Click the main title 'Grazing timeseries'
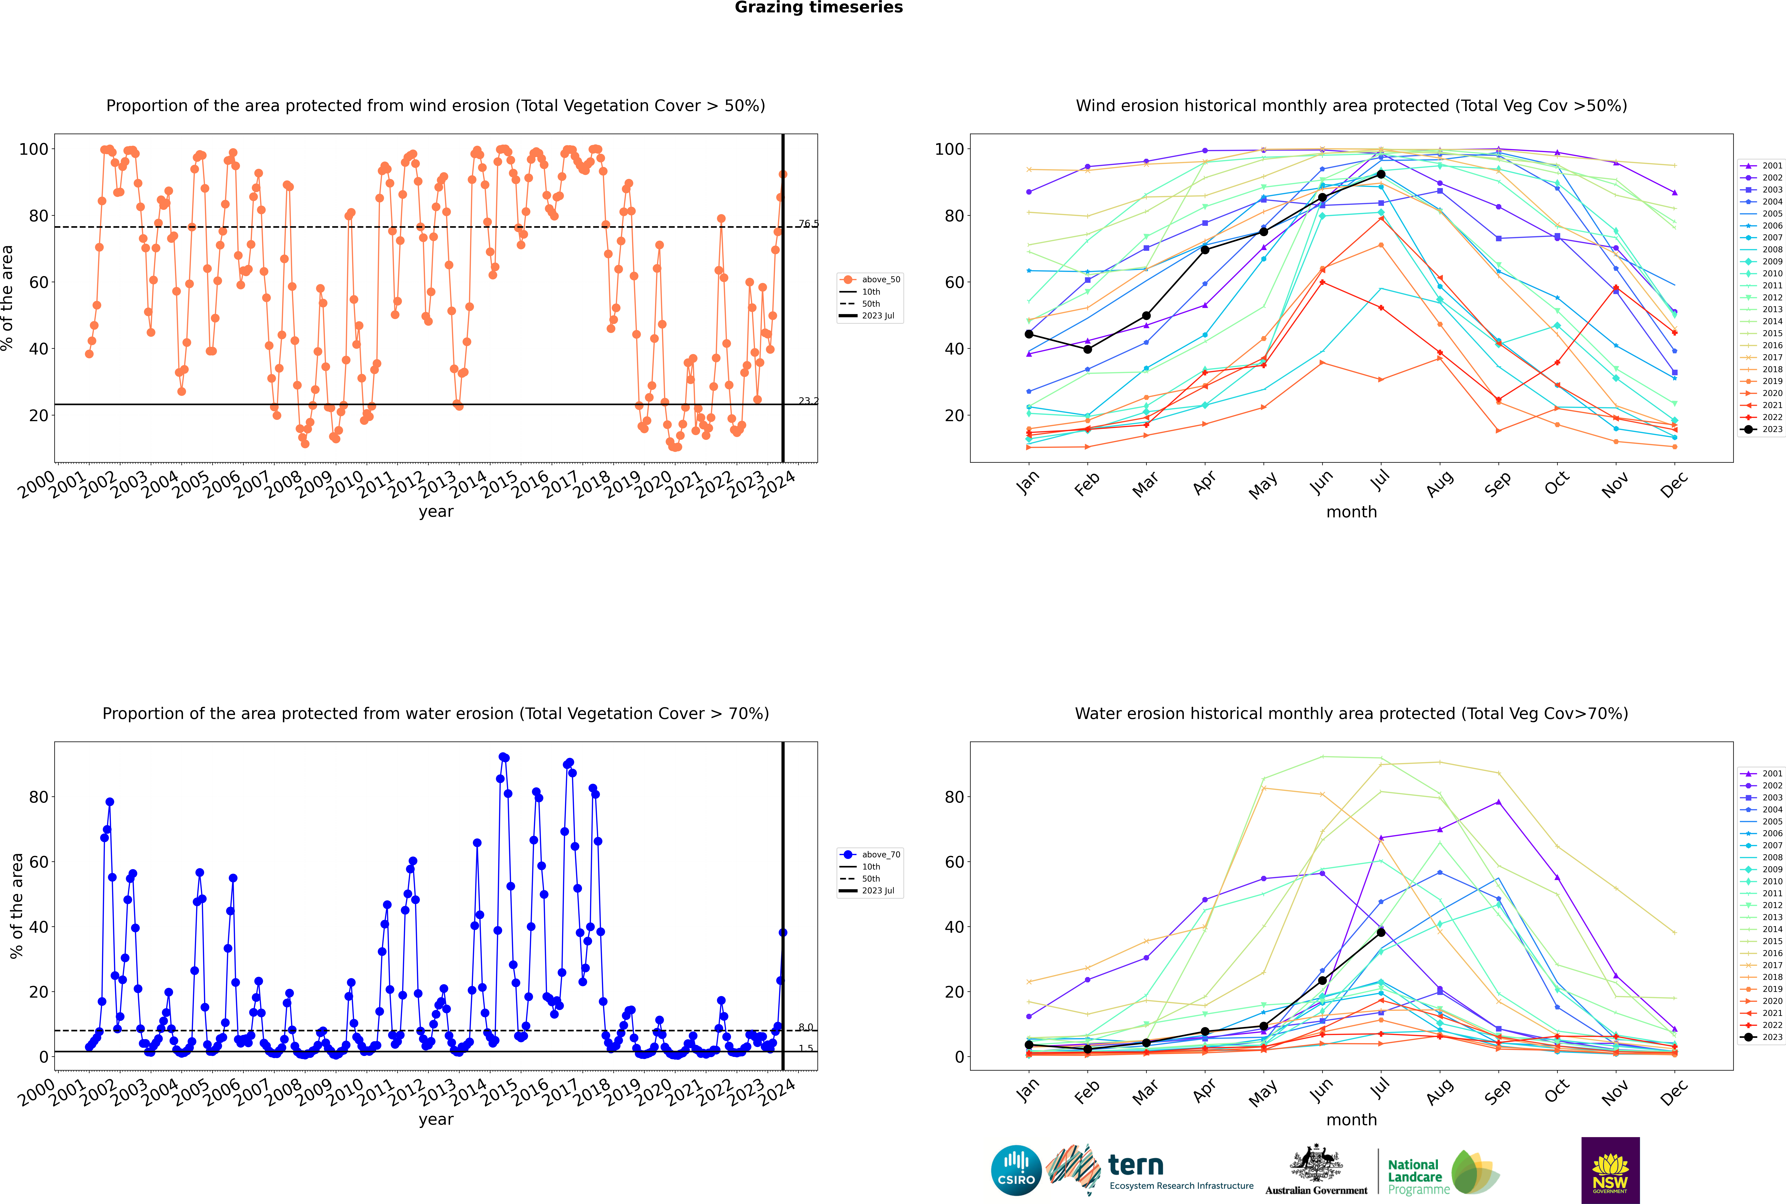(x=819, y=8)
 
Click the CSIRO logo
(x=1016, y=1170)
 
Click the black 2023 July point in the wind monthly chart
(x=1381, y=174)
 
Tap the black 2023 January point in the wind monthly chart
(x=1029, y=334)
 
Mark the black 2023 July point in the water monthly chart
(x=1381, y=932)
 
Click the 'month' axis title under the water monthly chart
(x=1351, y=1120)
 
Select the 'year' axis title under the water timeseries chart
(x=436, y=1120)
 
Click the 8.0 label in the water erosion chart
(x=805, y=1027)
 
